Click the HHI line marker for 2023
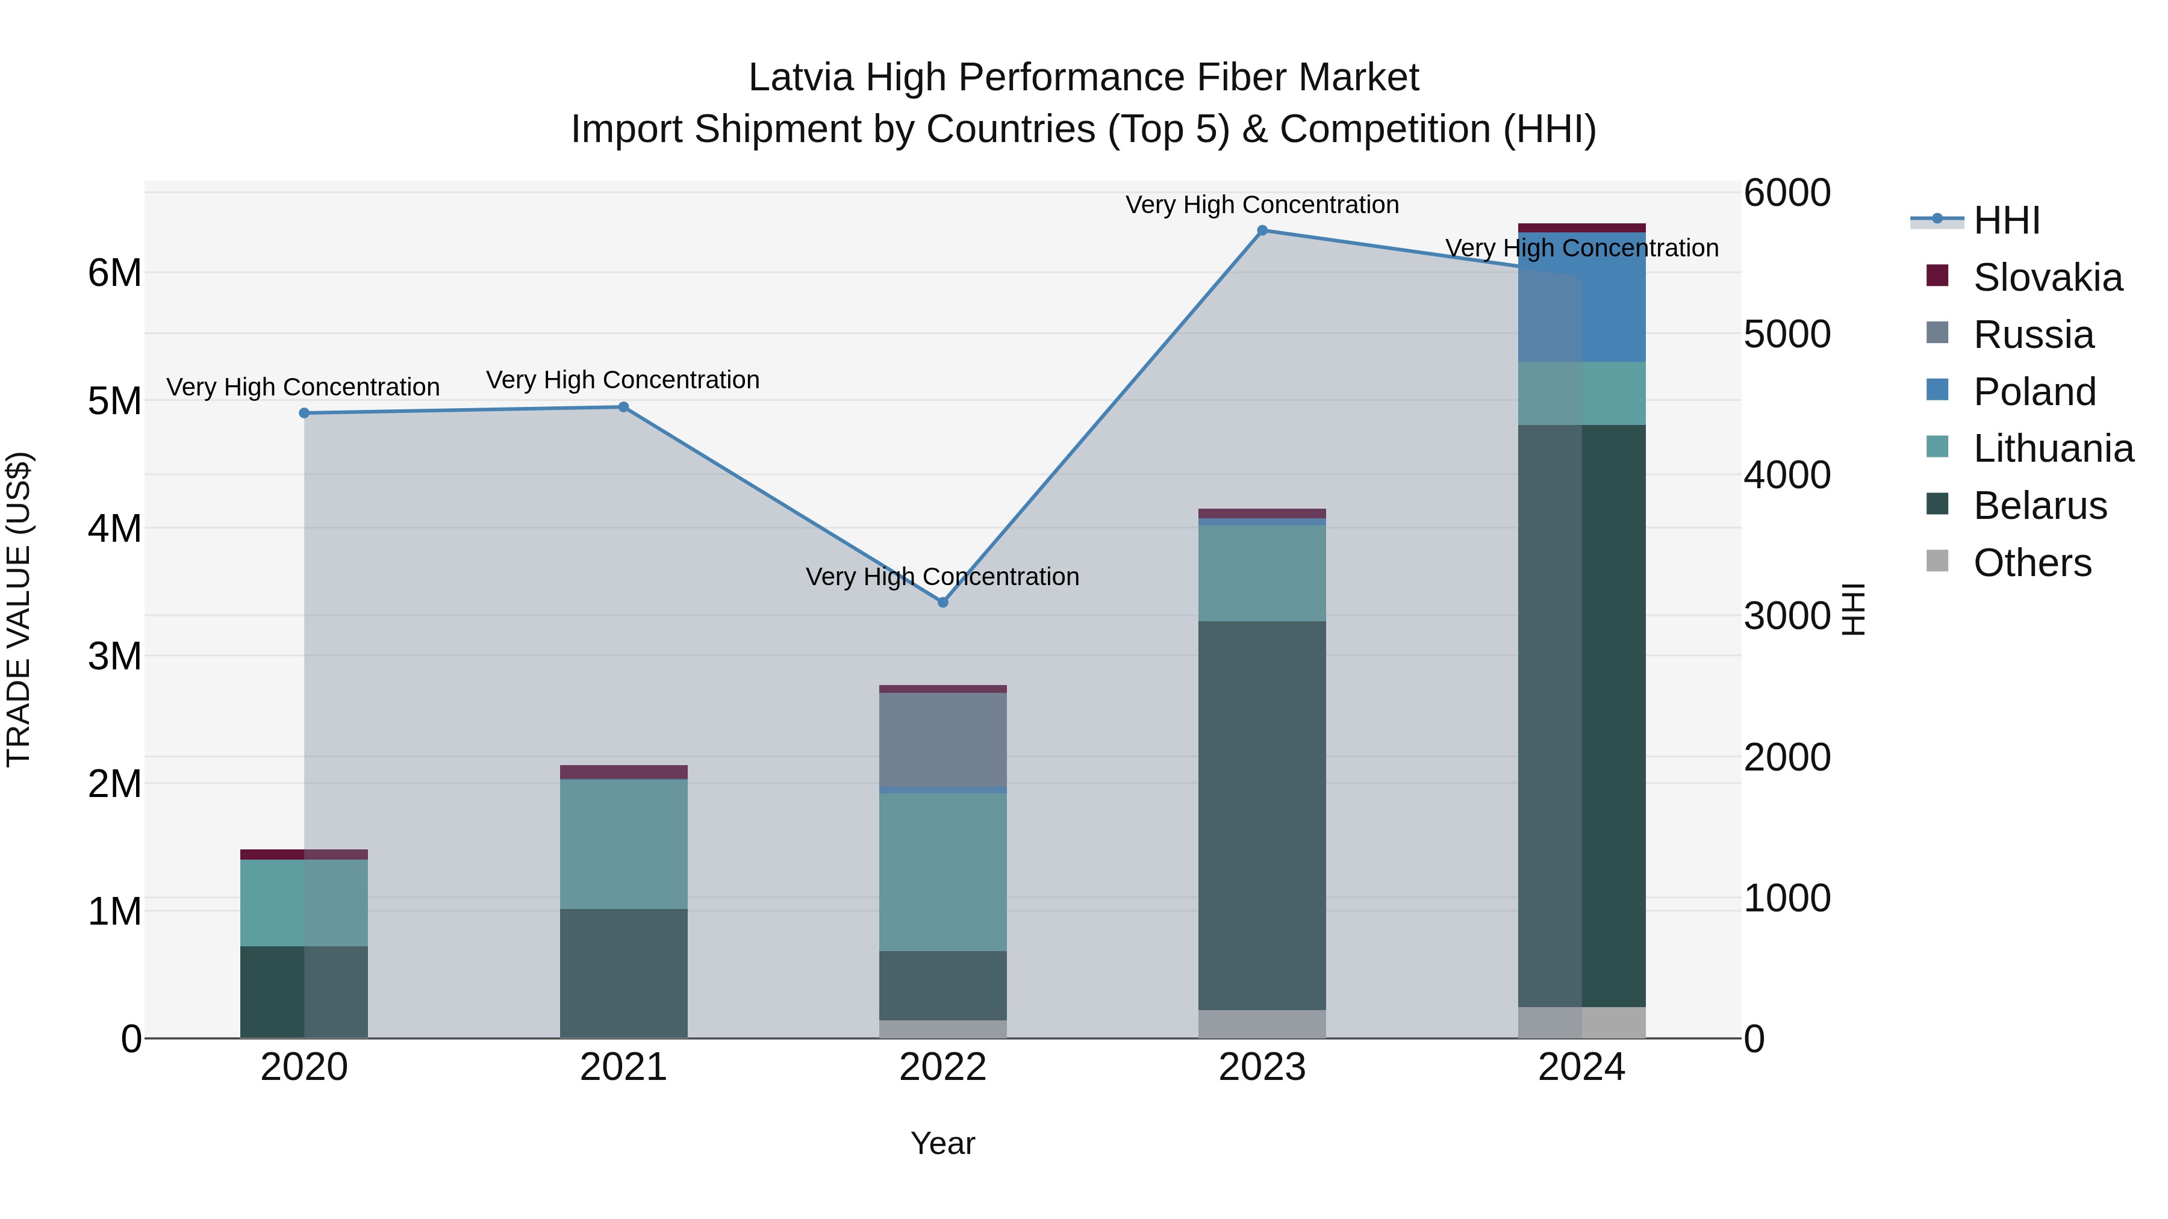[1262, 231]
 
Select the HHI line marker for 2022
[942, 603]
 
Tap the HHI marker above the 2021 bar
[624, 407]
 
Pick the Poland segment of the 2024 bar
[1581, 298]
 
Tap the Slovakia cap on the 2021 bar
[624, 772]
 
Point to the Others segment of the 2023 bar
[1262, 1024]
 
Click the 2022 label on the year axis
[942, 1067]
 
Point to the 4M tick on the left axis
[114, 529]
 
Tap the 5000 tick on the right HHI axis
[1787, 334]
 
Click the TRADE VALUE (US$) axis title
[19, 609]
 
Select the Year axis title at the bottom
[942, 1143]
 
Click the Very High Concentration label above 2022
[942, 577]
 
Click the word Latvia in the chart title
[800, 78]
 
